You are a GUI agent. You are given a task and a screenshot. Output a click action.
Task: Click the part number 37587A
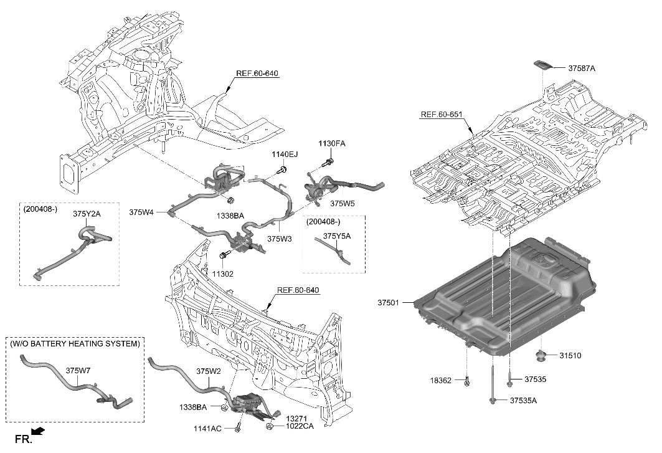click(582, 69)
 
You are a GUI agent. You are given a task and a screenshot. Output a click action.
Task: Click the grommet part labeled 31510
click(539, 356)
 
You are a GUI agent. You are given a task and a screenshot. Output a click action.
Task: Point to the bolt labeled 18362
click(467, 380)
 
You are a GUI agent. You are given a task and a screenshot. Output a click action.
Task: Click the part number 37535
click(534, 378)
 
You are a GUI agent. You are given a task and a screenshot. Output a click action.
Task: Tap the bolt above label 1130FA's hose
click(326, 163)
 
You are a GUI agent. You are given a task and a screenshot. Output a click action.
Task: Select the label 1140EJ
click(284, 154)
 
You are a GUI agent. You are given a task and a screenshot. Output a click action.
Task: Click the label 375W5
click(342, 203)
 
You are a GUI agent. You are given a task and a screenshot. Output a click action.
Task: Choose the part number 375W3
click(280, 237)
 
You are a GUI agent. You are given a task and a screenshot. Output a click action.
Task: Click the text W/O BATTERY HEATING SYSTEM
click(75, 343)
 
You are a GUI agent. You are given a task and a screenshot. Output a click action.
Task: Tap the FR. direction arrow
click(38, 432)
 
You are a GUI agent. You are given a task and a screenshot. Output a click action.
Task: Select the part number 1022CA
click(300, 427)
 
